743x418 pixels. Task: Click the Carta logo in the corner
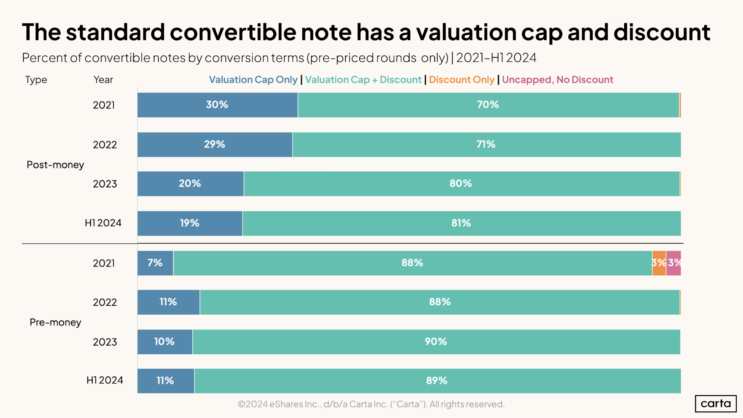(715, 404)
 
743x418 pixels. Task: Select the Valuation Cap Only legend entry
(253, 80)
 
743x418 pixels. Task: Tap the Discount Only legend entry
(461, 80)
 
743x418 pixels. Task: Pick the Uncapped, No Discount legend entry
(557, 80)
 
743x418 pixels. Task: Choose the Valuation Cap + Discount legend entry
(363, 80)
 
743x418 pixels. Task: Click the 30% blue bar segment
(217, 105)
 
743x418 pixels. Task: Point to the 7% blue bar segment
(155, 263)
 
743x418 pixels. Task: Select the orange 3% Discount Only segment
(659, 263)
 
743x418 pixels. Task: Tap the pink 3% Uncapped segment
(673, 263)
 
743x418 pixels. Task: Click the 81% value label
(461, 223)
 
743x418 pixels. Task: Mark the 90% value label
(436, 341)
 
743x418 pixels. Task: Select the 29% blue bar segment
(215, 145)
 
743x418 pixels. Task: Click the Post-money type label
(55, 165)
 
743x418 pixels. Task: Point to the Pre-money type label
(55, 322)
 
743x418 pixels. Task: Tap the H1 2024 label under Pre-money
(104, 380)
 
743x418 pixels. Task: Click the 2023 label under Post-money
(105, 184)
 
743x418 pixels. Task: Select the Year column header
(103, 80)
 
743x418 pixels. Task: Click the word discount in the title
(662, 32)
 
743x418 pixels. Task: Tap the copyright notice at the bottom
(371, 404)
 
